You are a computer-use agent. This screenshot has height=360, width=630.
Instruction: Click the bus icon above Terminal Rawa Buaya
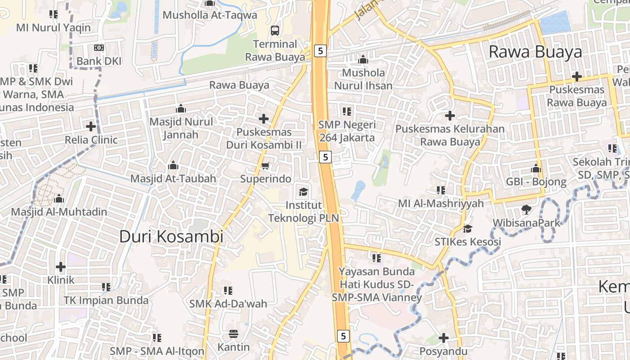[274, 31]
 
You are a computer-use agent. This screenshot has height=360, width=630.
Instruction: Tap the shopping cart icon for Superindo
[265, 166]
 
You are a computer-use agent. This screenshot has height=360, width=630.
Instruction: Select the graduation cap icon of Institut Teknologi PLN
[304, 192]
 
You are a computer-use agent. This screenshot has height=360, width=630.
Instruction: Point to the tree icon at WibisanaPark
[526, 209]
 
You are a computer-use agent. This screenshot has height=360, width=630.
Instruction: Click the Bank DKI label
[99, 61]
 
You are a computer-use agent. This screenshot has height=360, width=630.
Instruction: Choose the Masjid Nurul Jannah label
[181, 128]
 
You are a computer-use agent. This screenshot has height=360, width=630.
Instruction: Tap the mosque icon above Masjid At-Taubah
[173, 166]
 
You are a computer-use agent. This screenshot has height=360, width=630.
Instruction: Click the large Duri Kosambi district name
[171, 236]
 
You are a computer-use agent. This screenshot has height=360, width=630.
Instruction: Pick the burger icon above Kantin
[233, 334]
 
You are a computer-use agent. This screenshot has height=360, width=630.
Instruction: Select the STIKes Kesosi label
[468, 242]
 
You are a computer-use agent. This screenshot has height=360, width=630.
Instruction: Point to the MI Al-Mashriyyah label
[441, 203]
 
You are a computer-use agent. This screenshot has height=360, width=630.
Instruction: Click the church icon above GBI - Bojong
[536, 169]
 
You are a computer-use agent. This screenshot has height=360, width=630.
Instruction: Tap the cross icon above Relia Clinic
[91, 126]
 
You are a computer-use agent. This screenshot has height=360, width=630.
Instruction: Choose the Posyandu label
[443, 351]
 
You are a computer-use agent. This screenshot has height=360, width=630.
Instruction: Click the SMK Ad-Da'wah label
[228, 304]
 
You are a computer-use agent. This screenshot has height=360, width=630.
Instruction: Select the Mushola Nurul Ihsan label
[364, 79]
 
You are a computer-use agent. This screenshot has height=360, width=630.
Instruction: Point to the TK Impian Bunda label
[106, 300]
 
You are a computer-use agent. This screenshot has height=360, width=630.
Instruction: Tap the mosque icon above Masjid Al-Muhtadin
[58, 198]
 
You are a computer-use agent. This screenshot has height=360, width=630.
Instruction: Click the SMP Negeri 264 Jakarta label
[347, 131]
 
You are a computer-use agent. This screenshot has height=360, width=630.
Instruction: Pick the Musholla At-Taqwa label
[210, 15]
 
